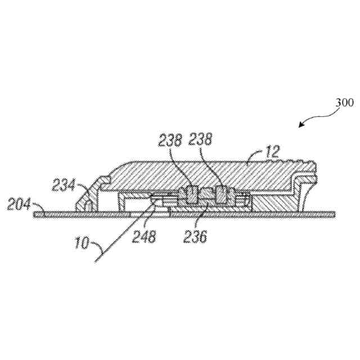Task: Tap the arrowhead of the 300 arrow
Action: pos(300,125)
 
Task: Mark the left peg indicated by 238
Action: pos(192,194)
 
